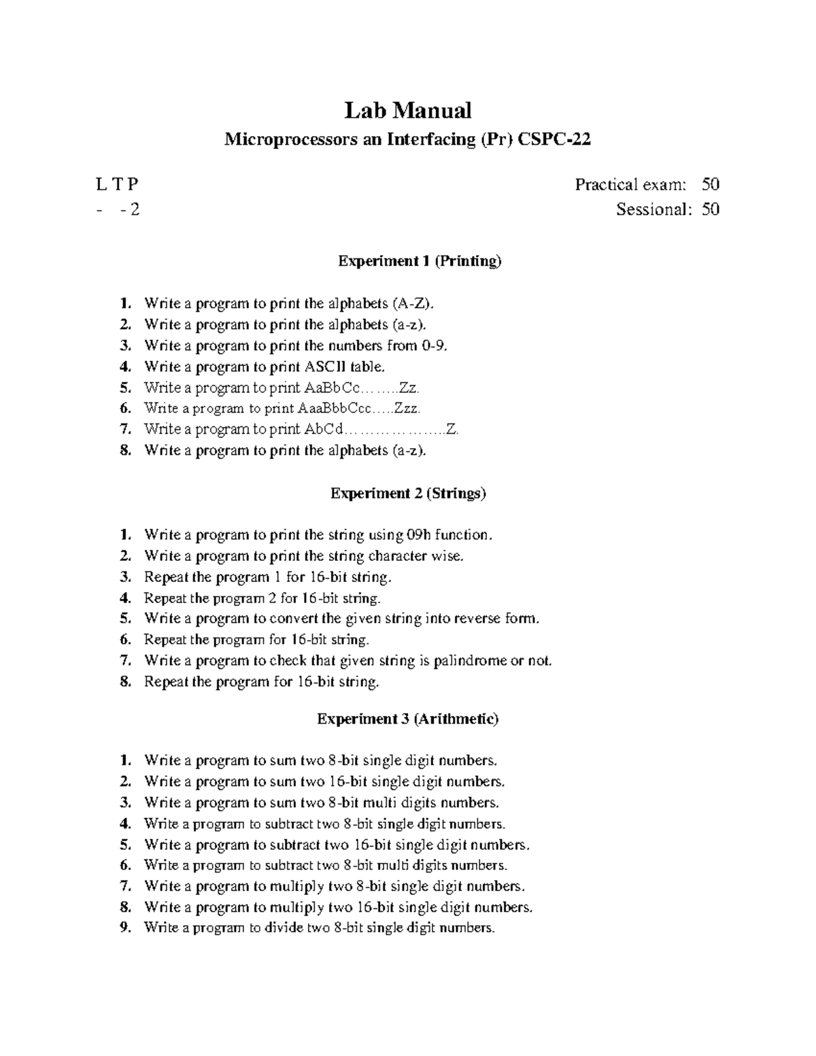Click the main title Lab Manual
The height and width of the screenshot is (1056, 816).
[x=407, y=110]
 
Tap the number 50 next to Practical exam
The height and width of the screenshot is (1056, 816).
[x=711, y=184]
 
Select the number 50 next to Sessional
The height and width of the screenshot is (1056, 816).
[x=711, y=209]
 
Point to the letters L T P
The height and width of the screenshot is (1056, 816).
[x=117, y=184]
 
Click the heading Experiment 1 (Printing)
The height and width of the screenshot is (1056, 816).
[x=420, y=261]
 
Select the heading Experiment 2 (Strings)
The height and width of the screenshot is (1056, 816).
[x=408, y=494]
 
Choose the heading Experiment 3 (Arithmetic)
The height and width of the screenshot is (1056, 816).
[x=408, y=719]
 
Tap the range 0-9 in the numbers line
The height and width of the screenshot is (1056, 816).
[x=435, y=345]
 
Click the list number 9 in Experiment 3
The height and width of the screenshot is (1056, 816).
[x=124, y=928]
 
